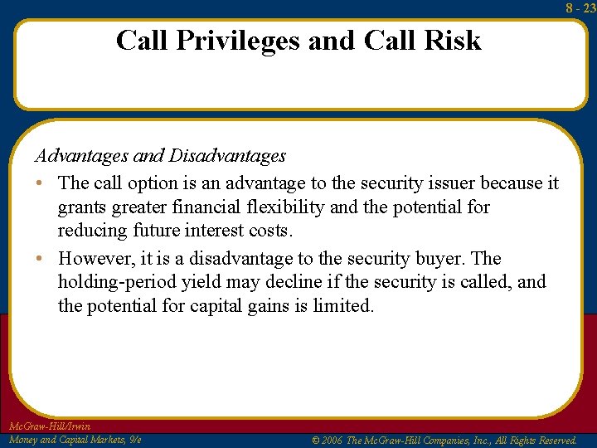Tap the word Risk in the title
click(451, 40)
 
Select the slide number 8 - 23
click(580, 7)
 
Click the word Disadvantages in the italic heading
click(227, 155)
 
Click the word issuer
click(448, 183)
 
